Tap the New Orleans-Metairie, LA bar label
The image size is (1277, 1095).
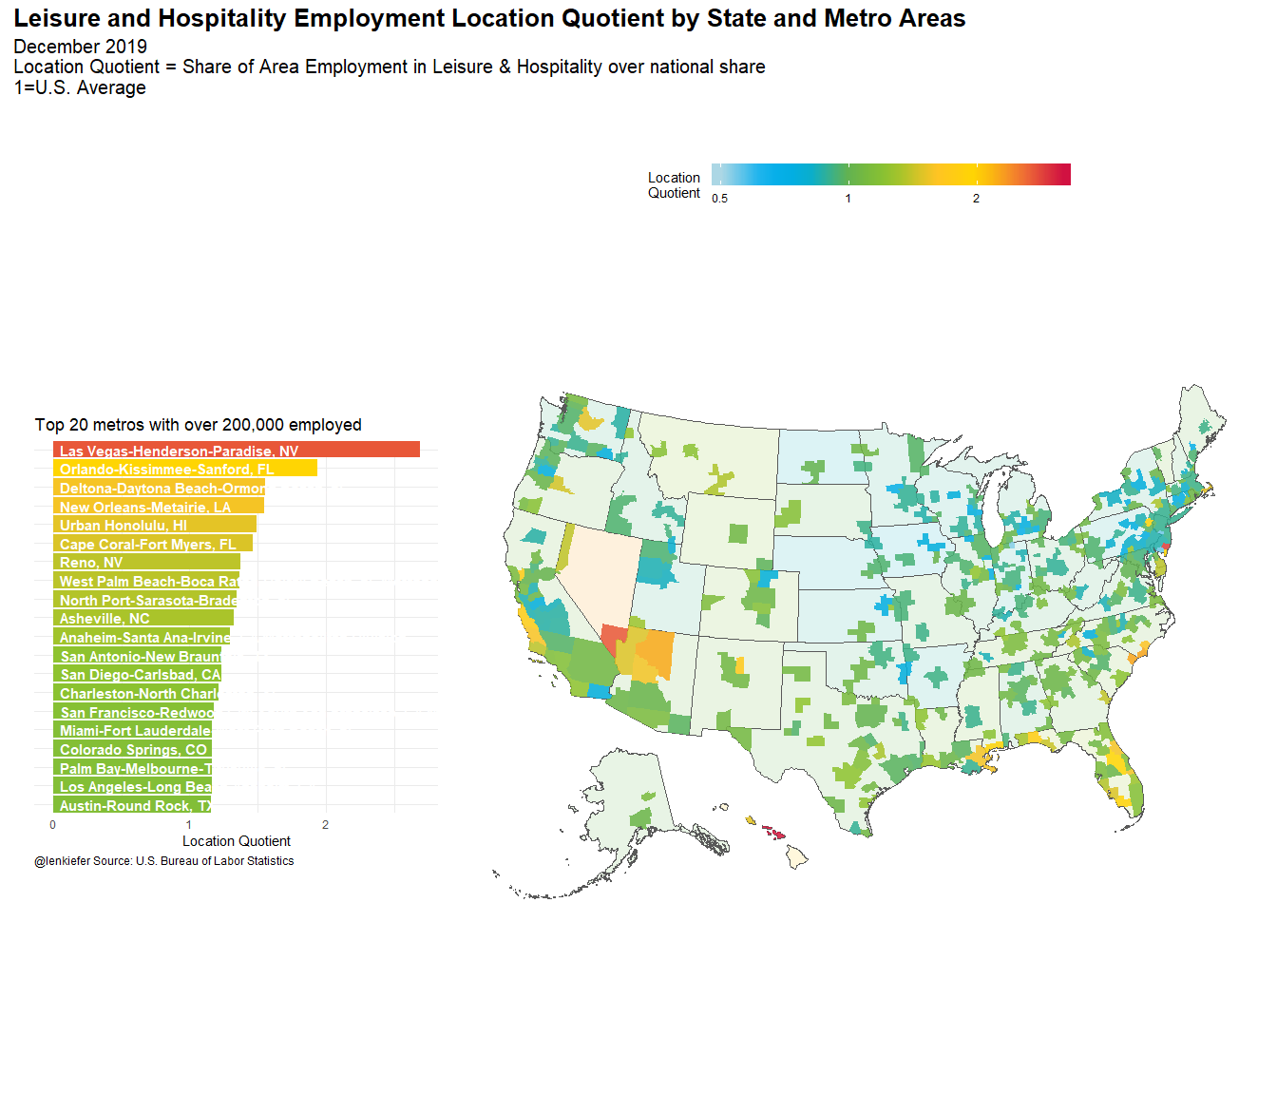point(145,507)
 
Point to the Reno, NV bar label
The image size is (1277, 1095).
point(91,563)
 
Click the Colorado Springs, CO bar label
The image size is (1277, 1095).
point(133,750)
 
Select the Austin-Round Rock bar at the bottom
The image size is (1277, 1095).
point(133,806)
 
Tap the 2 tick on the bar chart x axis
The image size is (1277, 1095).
point(325,825)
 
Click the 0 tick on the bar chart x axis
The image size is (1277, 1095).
point(53,825)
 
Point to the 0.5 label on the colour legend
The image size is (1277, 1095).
point(720,199)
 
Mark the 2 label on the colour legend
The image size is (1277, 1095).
point(976,199)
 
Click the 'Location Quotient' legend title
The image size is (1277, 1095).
point(674,185)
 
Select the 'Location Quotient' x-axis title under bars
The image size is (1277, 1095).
point(237,841)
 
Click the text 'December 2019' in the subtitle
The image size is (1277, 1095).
point(81,47)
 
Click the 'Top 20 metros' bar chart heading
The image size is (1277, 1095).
point(198,425)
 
